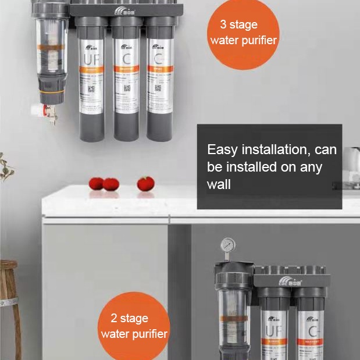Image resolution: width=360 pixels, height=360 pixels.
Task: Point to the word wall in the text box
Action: (x=219, y=184)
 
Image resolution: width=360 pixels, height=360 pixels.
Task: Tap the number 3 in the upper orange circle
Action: (x=224, y=25)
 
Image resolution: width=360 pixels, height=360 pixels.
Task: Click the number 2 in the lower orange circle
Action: (x=114, y=319)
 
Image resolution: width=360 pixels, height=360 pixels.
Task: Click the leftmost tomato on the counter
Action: (x=96, y=184)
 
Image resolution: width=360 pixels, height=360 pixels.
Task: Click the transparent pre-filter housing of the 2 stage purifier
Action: (x=232, y=320)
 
